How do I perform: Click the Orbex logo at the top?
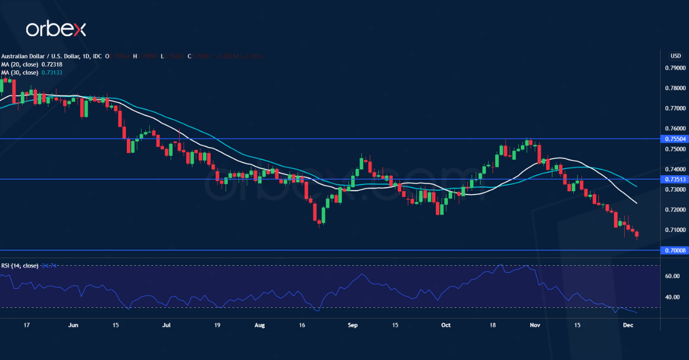56,29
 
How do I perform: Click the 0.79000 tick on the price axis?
674,68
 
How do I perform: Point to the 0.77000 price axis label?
674,109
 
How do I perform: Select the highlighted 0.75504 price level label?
674,139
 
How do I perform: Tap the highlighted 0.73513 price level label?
674,179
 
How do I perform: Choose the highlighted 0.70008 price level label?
674,250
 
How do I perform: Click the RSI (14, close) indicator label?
20,266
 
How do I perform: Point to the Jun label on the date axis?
73,325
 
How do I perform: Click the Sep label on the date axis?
353,325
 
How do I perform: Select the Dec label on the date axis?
628,325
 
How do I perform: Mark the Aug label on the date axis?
260,325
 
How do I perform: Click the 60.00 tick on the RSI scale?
673,276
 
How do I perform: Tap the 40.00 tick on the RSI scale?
673,297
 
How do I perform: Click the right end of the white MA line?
636,203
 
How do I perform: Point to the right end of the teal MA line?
636,186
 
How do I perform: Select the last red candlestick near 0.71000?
637,234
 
